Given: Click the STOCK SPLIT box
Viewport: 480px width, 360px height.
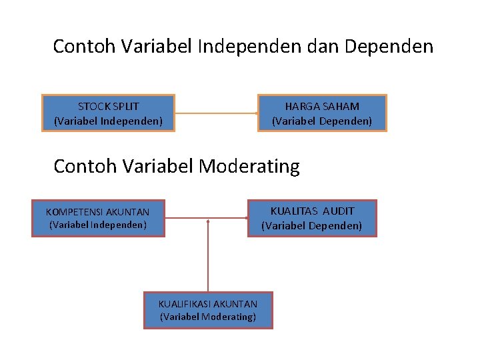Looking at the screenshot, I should (108, 113).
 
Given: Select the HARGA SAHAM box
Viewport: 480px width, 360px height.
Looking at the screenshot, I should (322, 113).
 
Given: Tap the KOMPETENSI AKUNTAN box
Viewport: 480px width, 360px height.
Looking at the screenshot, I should (98, 219).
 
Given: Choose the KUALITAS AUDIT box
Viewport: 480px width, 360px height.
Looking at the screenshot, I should (312, 219).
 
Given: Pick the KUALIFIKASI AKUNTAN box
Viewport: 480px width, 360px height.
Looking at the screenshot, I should (208, 310).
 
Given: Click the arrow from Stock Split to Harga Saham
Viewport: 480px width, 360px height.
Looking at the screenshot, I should (217, 113).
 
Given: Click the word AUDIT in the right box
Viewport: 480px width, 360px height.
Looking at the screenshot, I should (339, 211).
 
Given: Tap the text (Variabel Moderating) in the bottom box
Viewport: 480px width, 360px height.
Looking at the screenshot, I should (208, 317).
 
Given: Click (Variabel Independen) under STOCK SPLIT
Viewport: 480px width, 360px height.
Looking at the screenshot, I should (108, 121).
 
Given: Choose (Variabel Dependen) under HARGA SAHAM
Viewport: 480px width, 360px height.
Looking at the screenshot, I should (322, 121).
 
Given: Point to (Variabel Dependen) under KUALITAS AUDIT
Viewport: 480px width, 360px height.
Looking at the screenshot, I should (312, 226).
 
